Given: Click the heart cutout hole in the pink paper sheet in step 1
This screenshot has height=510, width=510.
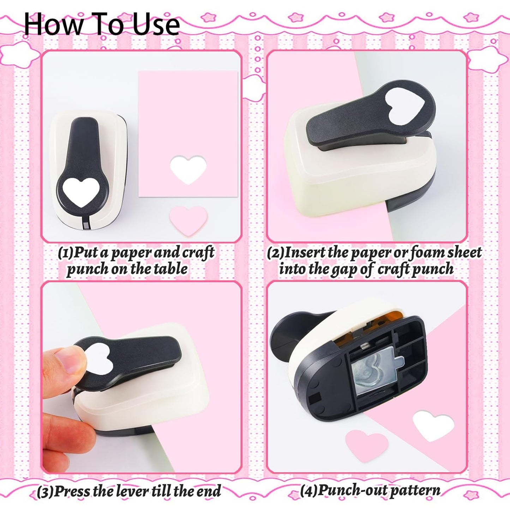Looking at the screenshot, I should (x=188, y=169).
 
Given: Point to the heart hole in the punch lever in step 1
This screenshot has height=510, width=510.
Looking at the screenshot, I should (x=82, y=191).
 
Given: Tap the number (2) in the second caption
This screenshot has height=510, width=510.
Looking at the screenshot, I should (x=276, y=253).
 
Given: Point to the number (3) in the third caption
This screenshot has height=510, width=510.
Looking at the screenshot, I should (x=45, y=492).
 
